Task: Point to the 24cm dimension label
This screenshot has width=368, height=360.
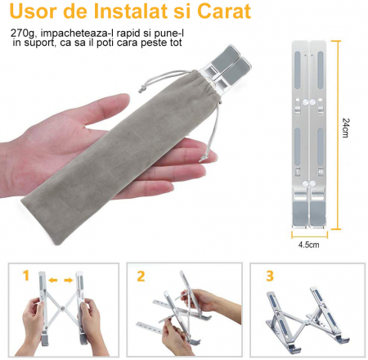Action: coord(347,129)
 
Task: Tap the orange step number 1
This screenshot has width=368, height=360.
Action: coord(25,276)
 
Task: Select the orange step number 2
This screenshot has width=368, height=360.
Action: coord(141,276)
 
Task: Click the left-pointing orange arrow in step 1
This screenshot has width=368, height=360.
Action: coord(52,281)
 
